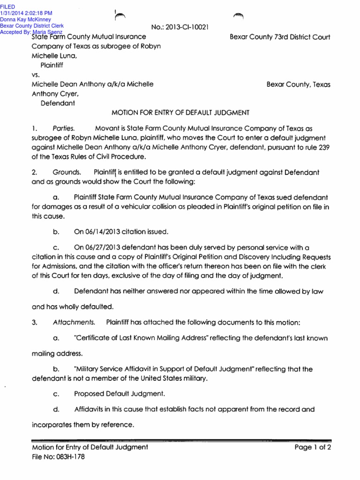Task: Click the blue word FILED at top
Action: click(x=7, y=6)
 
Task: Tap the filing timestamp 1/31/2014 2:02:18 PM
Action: click(x=26, y=13)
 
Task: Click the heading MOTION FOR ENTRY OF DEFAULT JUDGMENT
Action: click(x=180, y=112)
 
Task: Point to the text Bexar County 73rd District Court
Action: click(x=280, y=36)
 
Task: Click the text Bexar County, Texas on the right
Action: click(x=298, y=85)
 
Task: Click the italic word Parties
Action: click(x=63, y=128)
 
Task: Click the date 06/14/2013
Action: click(x=103, y=232)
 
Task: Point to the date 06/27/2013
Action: click(x=103, y=247)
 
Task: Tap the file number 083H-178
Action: click(x=68, y=457)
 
